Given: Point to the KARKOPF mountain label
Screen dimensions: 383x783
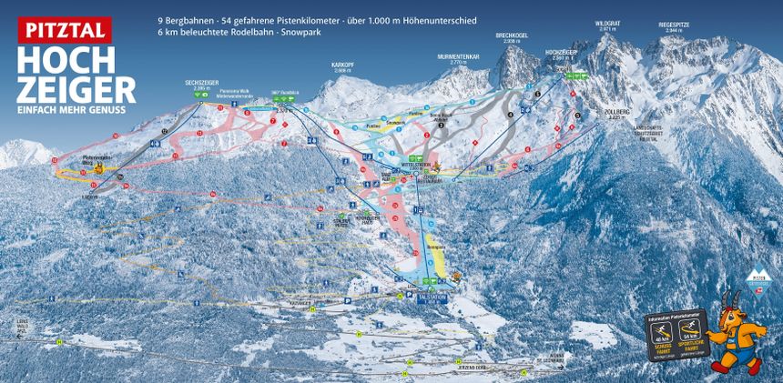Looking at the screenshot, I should tap(341, 66).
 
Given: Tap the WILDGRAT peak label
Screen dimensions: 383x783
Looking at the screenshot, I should tap(607, 25).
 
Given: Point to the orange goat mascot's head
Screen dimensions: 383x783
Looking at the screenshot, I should tap(735, 317).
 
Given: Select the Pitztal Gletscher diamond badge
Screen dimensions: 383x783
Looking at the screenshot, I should tap(756, 277).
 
